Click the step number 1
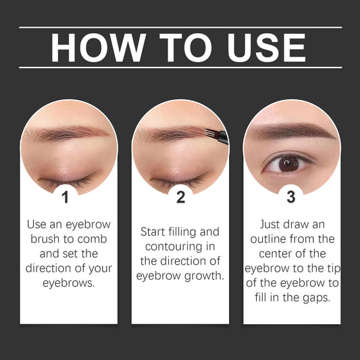pyautogui.click(x=65, y=197)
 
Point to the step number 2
pyautogui.click(x=180, y=197)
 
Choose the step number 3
pyautogui.click(x=291, y=197)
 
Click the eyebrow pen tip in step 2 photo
pyautogui.click(x=214, y=137)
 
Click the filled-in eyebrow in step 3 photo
pyautogui.click(x=290, y=130)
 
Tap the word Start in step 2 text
pyautogui.click(x=153, y=232)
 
